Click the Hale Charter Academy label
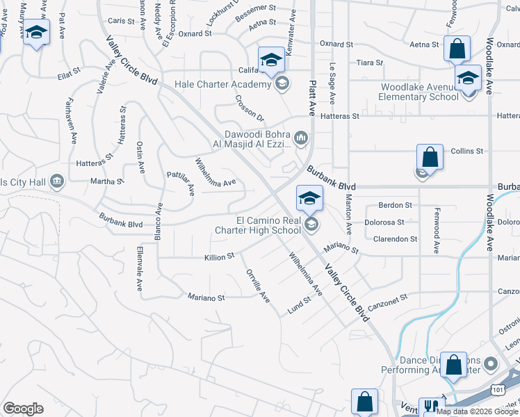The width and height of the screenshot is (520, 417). click(x=221, y=85)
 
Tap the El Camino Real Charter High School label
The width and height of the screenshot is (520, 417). click(x=268, y=225)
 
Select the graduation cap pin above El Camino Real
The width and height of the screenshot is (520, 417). click(x=309, y=198)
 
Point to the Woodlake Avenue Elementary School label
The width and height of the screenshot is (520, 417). click(x=419, y=92)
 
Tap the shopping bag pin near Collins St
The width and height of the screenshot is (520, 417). click(x=430, y=157)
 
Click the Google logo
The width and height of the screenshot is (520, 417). click(x=23, y=409)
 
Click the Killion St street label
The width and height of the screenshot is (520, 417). click(x=220, y=257)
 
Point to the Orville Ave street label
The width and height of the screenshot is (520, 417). click(x=258, y=286)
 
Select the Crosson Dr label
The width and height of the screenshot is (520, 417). click(x=250, y=108)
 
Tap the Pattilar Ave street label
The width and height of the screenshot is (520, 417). click(x=180, y=183)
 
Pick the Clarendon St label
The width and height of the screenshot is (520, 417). click(x=395, y=238)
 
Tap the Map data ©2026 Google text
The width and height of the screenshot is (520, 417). click(x=478, y=411)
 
